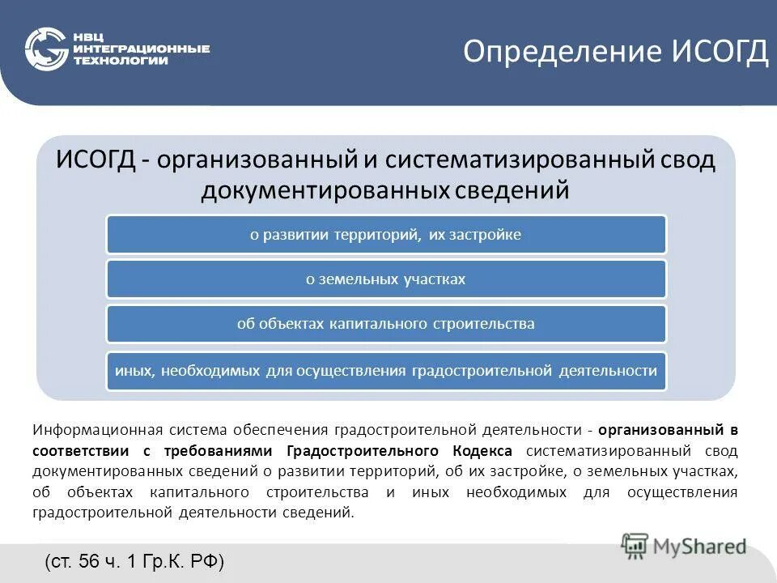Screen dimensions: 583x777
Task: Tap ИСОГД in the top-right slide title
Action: (720, 52)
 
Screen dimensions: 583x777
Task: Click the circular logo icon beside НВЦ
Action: (46, 50)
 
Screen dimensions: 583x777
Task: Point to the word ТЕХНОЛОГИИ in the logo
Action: (121, 62)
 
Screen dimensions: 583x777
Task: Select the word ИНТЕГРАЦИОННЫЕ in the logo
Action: (141, 49)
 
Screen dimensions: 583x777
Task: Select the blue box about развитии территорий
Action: (386, 235)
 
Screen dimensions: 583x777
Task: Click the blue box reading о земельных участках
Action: (386, 279)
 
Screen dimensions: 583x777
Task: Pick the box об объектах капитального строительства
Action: (386, 324)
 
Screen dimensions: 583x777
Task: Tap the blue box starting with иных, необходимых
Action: (386, 371)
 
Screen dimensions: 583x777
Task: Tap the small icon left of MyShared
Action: (635, 546)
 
